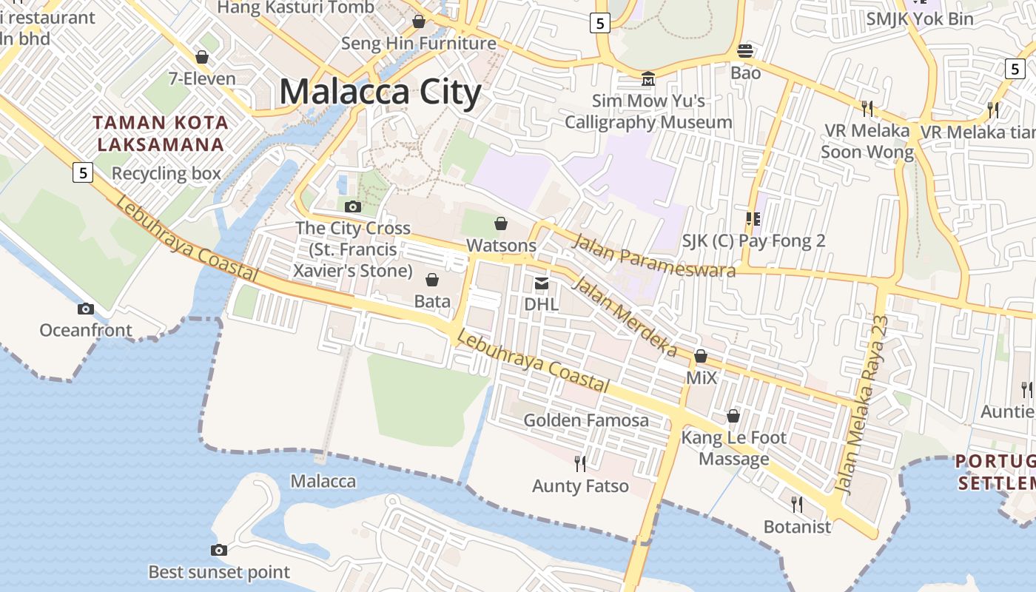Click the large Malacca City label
coord(380,92)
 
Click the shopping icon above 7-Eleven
coord(201,57)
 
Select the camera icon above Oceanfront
coord(86,309)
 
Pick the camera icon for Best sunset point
coord(218,550)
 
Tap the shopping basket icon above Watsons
coord(501,223)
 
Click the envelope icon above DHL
coord(542,283)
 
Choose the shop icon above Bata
coord(432,280)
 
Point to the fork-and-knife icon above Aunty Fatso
coord(580,464)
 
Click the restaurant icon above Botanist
coord(797,505)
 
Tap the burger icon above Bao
coord(745,51)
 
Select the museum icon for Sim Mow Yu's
coord(648,78)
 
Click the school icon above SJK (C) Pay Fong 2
coord(753,219)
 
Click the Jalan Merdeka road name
coord(625,316)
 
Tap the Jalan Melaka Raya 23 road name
coord(861,404)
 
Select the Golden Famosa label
coord(586,420)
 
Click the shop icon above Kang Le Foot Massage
coord(733,416)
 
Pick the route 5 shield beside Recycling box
coord(83,172)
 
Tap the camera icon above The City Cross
coord(353,206)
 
